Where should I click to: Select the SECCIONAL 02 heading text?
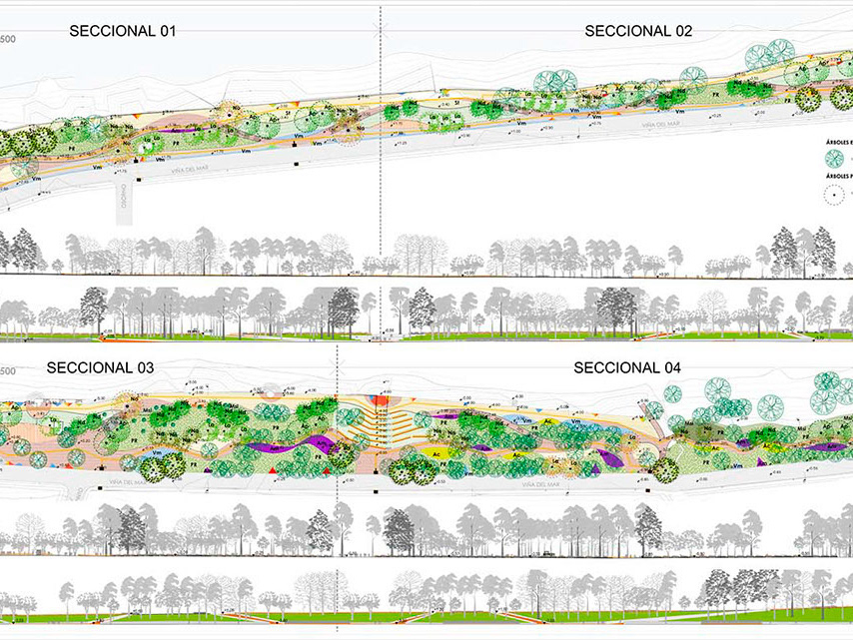pyautogui.click(x=638, y=31)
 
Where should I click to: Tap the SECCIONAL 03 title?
pyautogui.click(x=100, y=367)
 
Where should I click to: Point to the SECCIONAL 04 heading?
pyautogui.click(x=627, y=367)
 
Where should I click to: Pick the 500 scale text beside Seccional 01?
pyautogui.click(x=8, y=39)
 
